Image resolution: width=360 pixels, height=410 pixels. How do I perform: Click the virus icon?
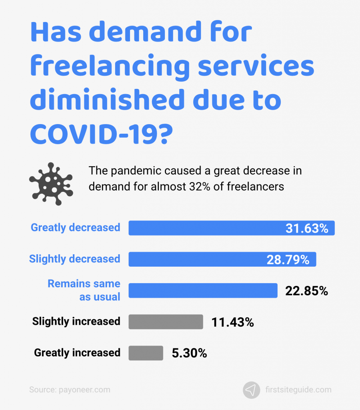point(51,184)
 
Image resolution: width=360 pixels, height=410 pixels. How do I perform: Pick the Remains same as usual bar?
point(203,290)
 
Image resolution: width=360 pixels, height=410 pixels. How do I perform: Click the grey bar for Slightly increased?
point(166,322)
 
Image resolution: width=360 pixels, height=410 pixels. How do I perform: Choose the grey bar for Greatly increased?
point(146,353)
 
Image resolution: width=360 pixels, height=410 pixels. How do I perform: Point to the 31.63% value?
point(307,228)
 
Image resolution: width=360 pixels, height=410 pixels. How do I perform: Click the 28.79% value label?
point(288,259)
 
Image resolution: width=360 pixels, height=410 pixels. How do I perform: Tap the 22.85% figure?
point(306,291)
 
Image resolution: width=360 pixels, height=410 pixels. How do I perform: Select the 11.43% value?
point(232,322)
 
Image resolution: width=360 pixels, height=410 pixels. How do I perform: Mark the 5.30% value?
point(189,353)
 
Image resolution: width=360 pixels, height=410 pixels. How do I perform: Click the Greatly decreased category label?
point(76,227)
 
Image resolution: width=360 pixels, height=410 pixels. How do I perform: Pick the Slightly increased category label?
point(76,322)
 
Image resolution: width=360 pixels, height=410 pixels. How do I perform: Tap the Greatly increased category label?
point(77,353)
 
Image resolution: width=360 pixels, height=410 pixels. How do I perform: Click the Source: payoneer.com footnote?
point(70,390)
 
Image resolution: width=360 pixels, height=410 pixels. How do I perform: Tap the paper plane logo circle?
point(251,390)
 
